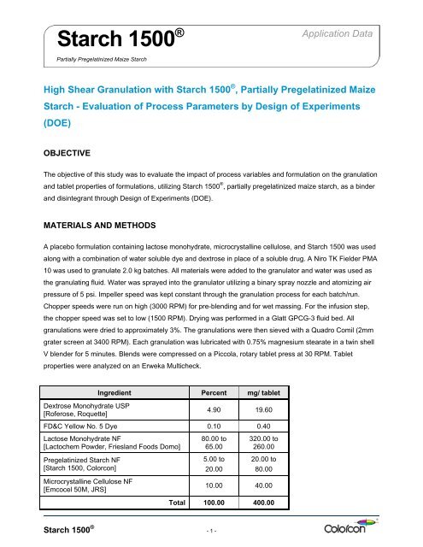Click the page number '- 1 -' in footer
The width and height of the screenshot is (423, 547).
210,534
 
